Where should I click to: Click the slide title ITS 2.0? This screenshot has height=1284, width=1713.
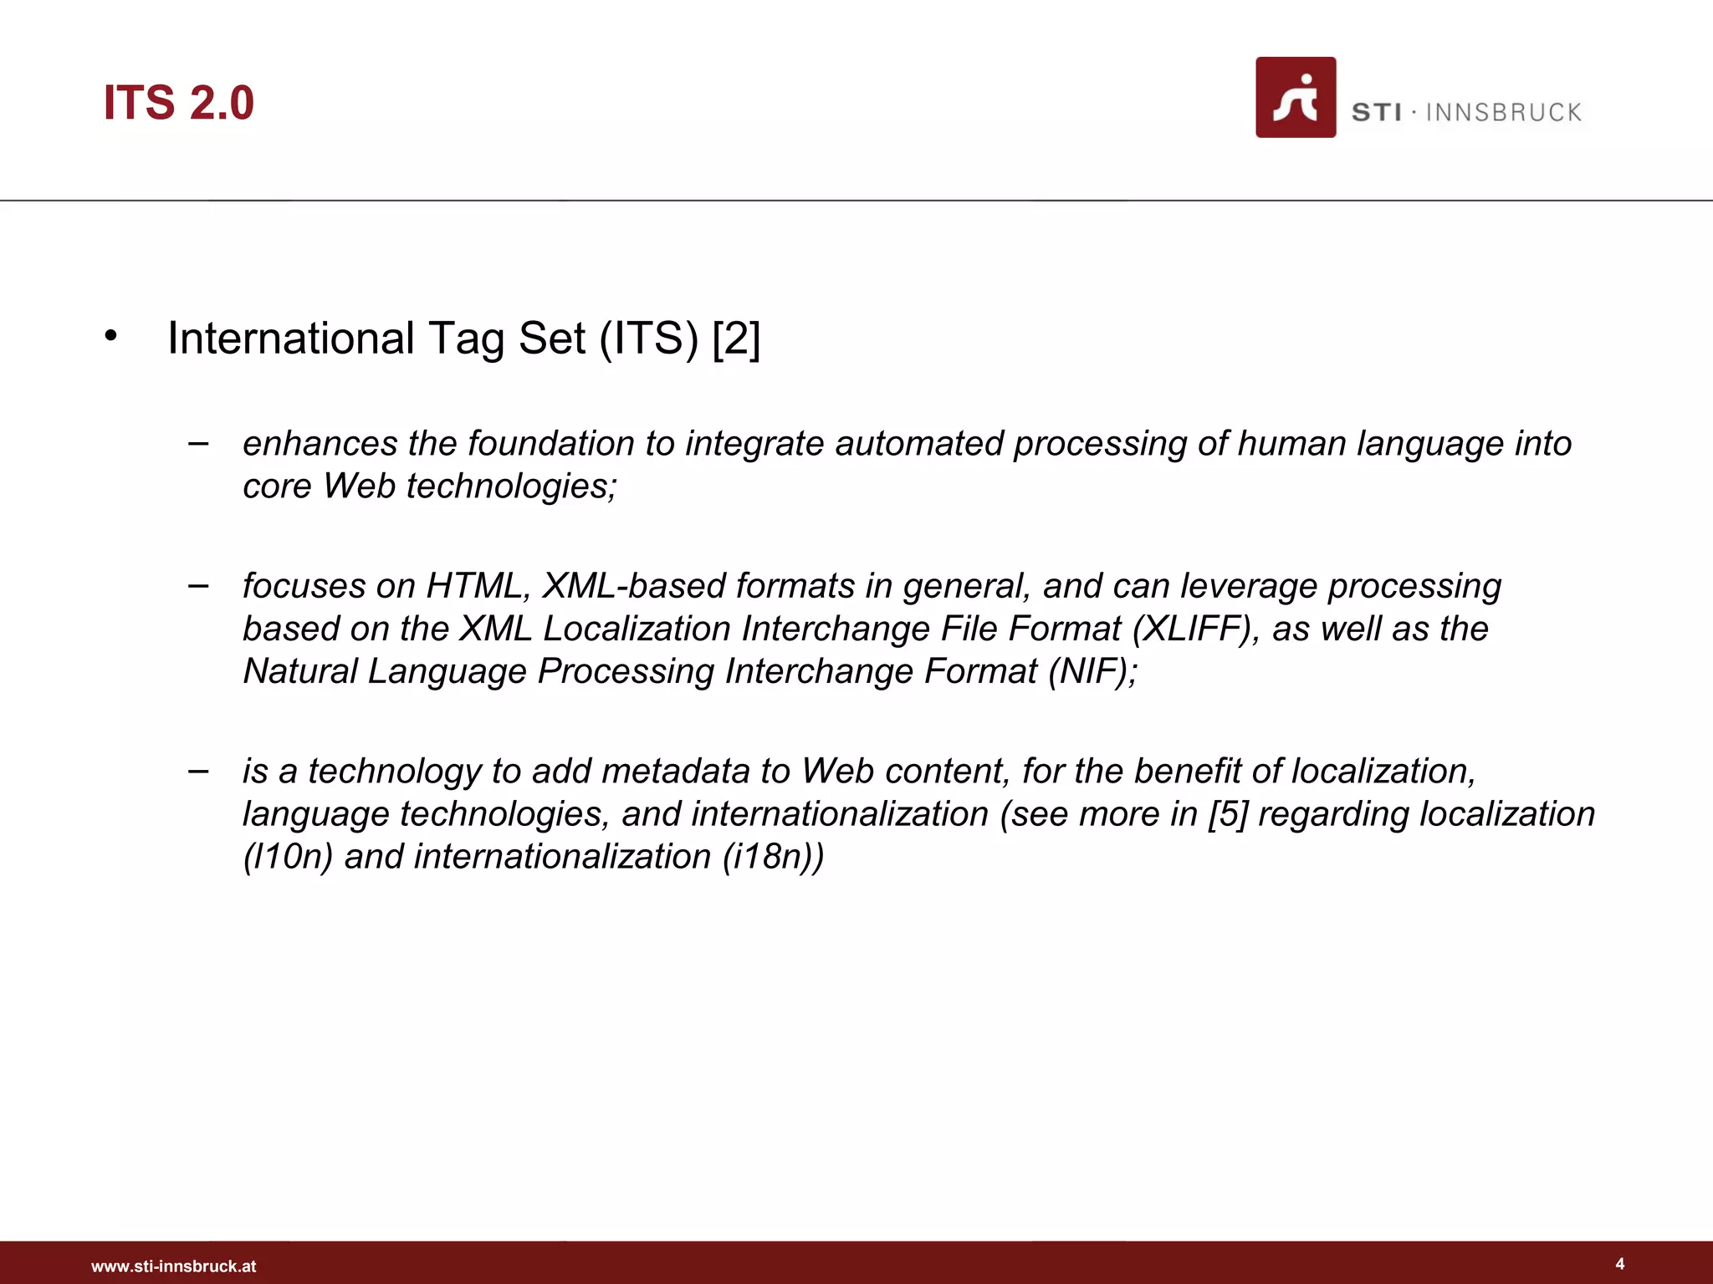click(178, 103)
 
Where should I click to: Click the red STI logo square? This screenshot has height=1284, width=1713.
click(1295, 97)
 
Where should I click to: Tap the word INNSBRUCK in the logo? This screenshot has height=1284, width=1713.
click(1503, 113)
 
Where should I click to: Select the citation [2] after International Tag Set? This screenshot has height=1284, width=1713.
click(736, 339)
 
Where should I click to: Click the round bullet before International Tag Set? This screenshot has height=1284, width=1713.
click(110, 337)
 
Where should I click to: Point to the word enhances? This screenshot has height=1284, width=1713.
click(320, 444)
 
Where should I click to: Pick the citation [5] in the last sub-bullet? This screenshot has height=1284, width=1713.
click(1227, 814)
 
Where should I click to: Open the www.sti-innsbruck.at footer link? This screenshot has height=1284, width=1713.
click(173, 1266)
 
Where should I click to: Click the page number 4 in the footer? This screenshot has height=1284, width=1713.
click(1619, 1264)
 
